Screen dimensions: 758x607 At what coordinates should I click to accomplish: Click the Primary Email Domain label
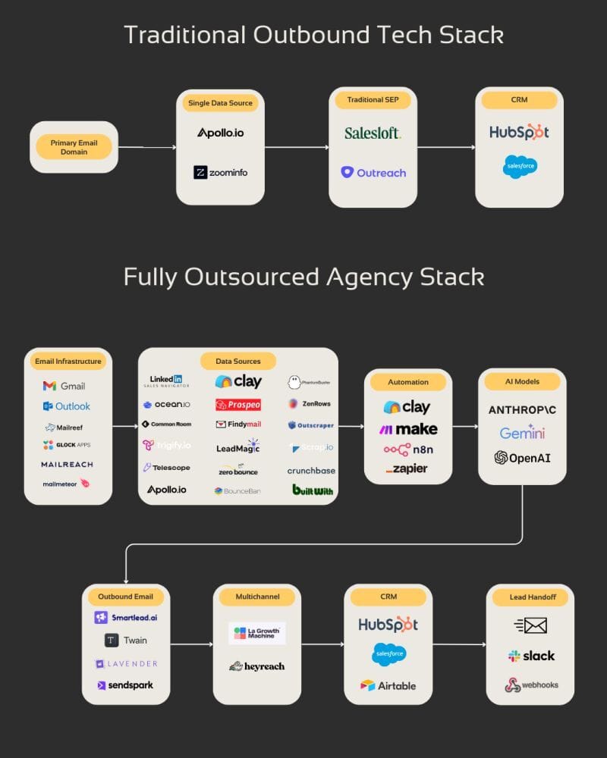74,147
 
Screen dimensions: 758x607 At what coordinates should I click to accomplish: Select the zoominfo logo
220,172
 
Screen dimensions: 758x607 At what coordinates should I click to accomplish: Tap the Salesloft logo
373,133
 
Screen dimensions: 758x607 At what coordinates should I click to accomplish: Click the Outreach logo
373,172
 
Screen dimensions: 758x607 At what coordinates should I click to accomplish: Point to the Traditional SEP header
373,99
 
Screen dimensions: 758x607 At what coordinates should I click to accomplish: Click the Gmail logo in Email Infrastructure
64,386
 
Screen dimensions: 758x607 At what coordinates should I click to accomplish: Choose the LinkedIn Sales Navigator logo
166,381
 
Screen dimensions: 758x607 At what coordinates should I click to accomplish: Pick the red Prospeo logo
237,404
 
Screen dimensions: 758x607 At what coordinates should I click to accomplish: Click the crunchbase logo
311,470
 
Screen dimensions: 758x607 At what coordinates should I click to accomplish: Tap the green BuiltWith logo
313,490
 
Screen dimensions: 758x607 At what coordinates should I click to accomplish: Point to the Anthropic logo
522,410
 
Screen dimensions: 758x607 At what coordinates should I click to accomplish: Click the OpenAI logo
522,457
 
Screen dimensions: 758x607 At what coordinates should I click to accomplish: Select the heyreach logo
257,666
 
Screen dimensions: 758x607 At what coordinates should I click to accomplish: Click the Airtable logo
388,685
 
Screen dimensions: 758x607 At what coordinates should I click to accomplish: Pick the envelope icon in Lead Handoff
530,625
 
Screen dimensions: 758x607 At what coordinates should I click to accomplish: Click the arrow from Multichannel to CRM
322,645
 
